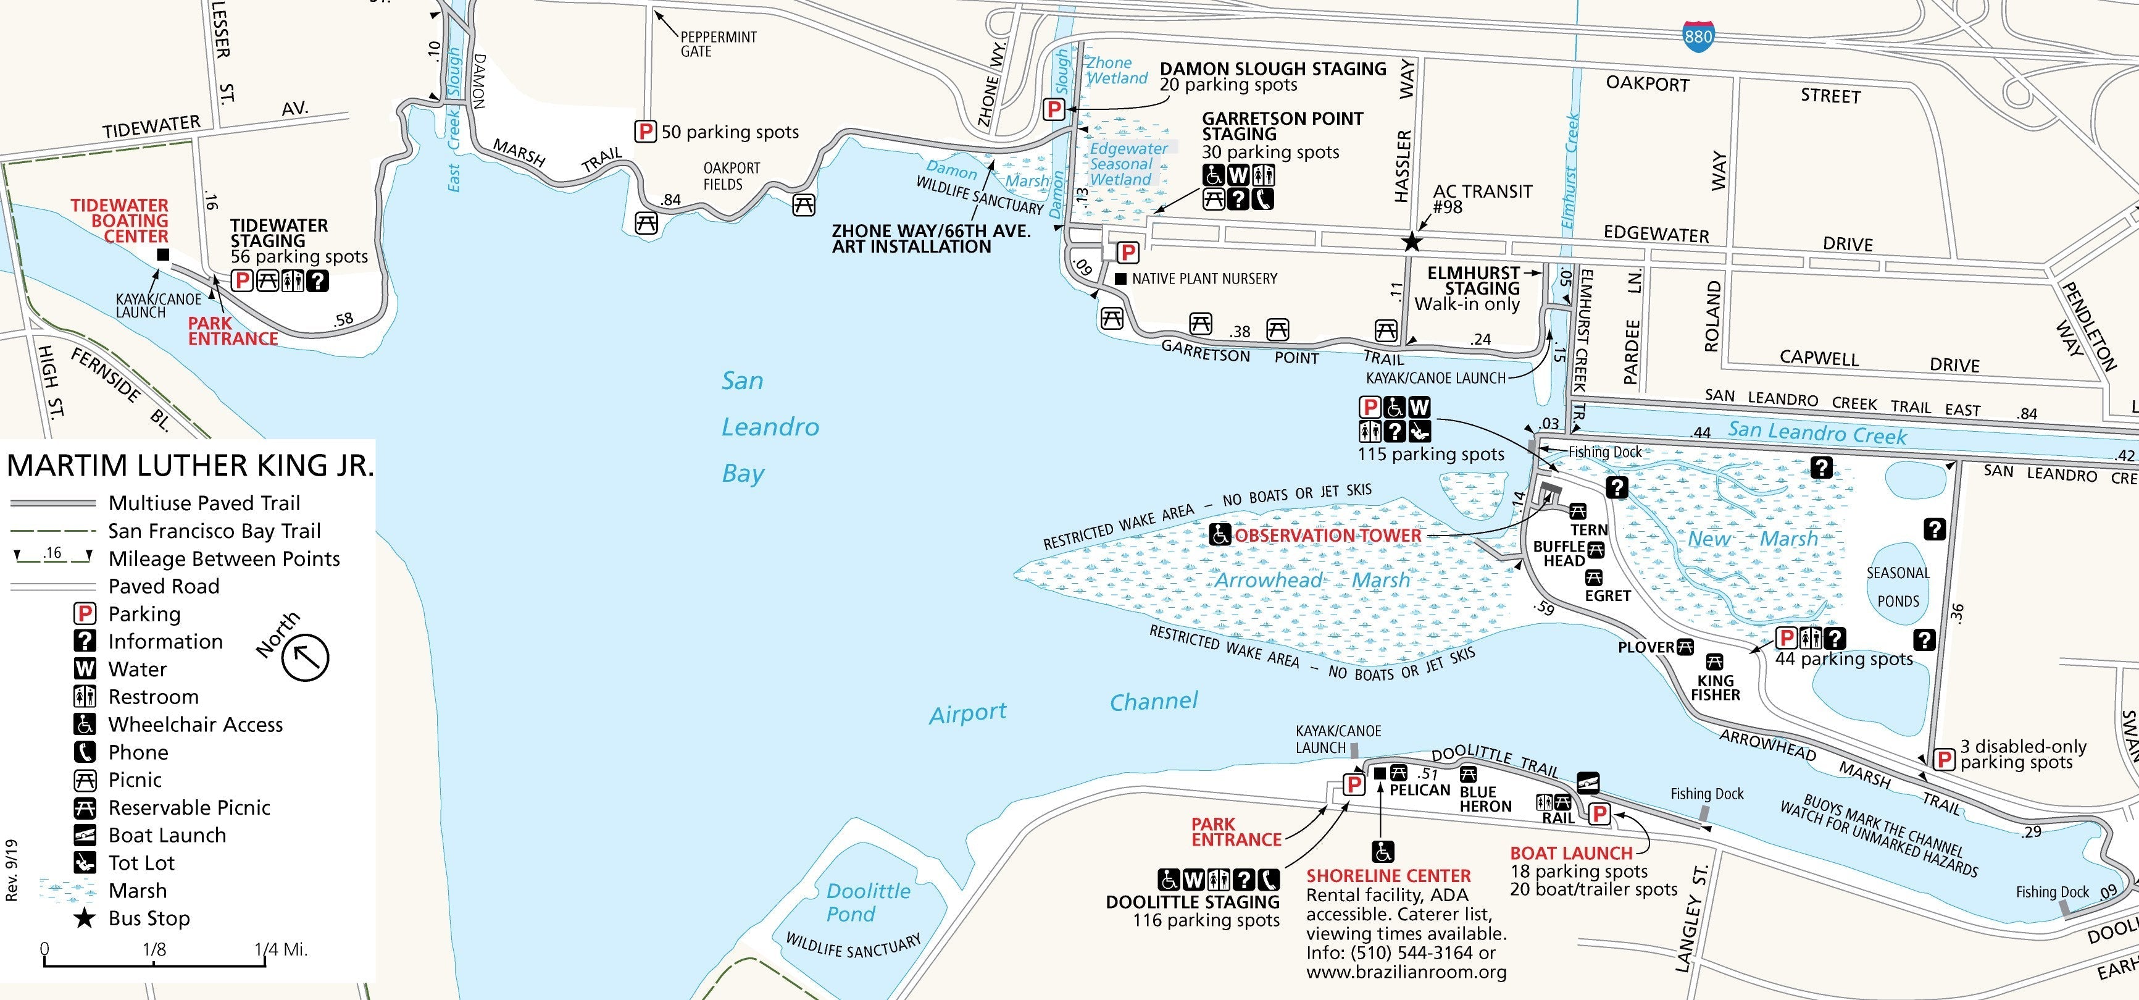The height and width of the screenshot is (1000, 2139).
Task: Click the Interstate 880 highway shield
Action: pyautogui.click(x=1698, y=36)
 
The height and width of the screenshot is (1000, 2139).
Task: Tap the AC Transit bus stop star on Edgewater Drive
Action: pyautogui.click(x=1411, y=242)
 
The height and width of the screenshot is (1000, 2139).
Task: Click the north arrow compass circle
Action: pyautogui.click(x=305, y=657)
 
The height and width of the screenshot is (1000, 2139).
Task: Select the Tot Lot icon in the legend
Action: pyautogui.click(x=85, y=862)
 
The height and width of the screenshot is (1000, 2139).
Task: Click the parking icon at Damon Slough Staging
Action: pyautogui.click(x=1054, y=109)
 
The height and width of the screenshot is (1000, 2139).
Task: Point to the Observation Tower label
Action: pyautogui.click(x=1327, y=536)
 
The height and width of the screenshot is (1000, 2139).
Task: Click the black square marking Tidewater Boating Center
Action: pyautogui.click(x=163, y=256)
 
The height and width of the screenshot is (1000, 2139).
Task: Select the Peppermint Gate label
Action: pyautogui.click(x=717, y=44)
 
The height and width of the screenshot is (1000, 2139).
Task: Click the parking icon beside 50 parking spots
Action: pyautogui.click(x=645, y=131)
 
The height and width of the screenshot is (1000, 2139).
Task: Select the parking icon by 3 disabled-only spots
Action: pyautogui.click(x=1943, y=758)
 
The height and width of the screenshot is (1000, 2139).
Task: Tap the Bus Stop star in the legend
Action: pyautogui.click(x=84, y=918)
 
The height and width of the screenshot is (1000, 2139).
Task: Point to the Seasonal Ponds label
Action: pyautogui.click(x=1898, y=586)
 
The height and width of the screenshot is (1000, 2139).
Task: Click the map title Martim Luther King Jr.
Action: pyautogui.click(x=190, y=465)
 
